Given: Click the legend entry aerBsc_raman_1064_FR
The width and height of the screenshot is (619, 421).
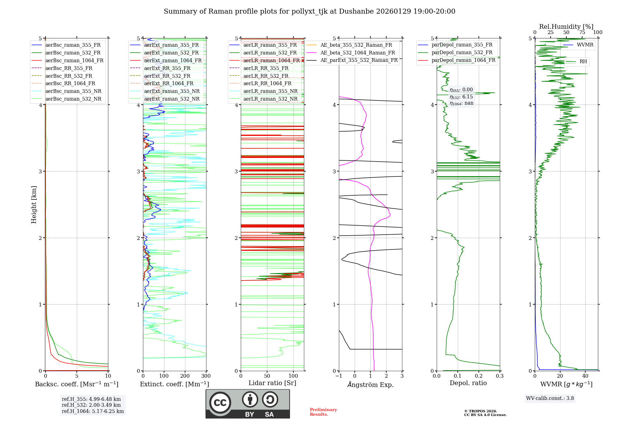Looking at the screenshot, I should point(74,60).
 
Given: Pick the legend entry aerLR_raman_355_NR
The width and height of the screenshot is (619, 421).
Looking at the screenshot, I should point(270,91).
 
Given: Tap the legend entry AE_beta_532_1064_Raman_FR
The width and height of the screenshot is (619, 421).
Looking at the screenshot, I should point(357,53).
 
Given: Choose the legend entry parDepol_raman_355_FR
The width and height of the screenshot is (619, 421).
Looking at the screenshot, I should point(462,45).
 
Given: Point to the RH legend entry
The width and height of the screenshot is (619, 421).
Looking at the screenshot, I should point(583,62).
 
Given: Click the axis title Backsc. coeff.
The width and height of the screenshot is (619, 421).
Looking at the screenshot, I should point(76,384).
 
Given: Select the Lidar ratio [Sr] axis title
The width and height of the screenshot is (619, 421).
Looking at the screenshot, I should point(272,383).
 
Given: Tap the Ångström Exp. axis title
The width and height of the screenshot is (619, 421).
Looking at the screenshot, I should point(370,384).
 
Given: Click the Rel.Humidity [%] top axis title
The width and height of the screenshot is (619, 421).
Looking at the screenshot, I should point(566,27).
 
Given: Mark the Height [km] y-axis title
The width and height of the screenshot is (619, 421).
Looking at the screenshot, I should point(34,205).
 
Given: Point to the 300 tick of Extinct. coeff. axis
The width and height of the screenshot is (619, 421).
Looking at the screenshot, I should point(206,376).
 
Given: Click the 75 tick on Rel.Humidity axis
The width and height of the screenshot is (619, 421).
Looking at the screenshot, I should point(582,33).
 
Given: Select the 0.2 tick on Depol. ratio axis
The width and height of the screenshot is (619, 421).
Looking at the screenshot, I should point(478,376).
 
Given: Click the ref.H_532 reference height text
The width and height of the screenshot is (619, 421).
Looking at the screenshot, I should point(91,405).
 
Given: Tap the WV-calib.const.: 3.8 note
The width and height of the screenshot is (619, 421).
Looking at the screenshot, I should point(550,398).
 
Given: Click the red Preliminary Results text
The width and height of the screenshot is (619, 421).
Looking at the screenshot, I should point(323,412).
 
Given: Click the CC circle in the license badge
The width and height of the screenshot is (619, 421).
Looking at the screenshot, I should point(220,403).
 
